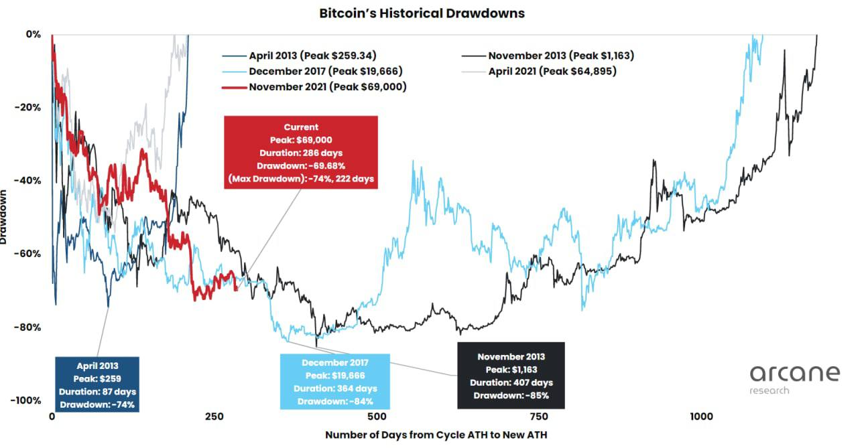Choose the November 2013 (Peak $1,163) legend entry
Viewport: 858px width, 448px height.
(x=561, y=56)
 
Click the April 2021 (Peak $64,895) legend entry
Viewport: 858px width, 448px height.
(x=552, y=71)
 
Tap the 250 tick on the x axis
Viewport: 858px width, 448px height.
(x=214, y=417)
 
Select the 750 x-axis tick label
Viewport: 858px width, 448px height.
(x=539, y=417)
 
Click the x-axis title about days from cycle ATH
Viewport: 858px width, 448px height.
(x=436, y=435)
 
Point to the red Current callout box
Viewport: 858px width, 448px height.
(x=301, y=153)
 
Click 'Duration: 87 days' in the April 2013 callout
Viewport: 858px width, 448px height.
(x=97, y=392)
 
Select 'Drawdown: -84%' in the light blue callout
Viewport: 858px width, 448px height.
(x=335, y=401)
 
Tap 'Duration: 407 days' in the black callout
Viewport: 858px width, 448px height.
(x=511, y=382)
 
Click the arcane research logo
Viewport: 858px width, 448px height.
(x=794, y=378)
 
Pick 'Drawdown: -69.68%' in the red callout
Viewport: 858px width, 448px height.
(x=301, y=165)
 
